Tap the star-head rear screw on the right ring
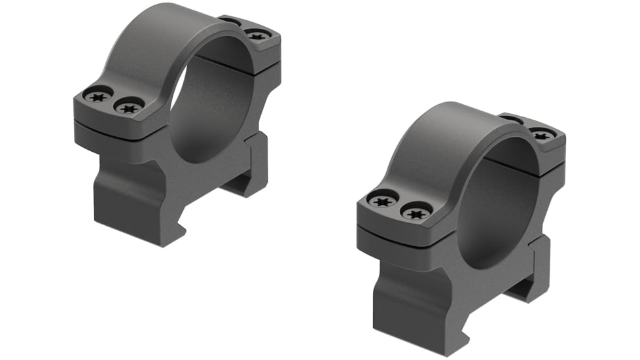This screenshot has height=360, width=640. (x=542, y=135)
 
